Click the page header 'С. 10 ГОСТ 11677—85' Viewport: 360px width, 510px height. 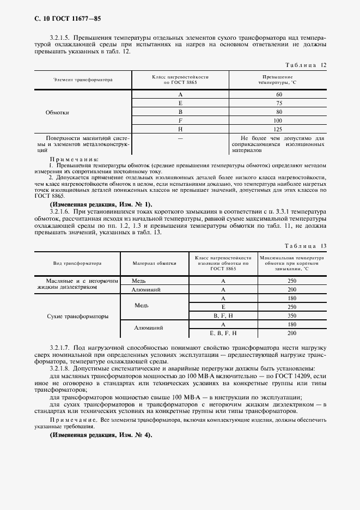[60, 19]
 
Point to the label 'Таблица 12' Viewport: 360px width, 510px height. [309, 65]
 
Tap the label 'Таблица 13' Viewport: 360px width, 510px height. [309, 246]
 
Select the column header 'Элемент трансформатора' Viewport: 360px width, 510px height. [83, 80]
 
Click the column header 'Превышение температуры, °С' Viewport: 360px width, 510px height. [278, 80]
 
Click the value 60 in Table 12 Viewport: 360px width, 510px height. [278, 95]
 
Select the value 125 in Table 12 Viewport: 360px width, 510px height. [278, 129]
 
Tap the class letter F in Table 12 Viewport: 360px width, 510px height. [180, 120]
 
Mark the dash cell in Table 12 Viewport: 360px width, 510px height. [180, 139]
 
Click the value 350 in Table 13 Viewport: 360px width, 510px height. [291, 316]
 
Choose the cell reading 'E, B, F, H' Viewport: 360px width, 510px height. [223, 333]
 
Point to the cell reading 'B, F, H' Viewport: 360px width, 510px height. [223, 316]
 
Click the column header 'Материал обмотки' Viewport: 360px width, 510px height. [154, 263]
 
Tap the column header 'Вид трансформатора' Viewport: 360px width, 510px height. [77, 263]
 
